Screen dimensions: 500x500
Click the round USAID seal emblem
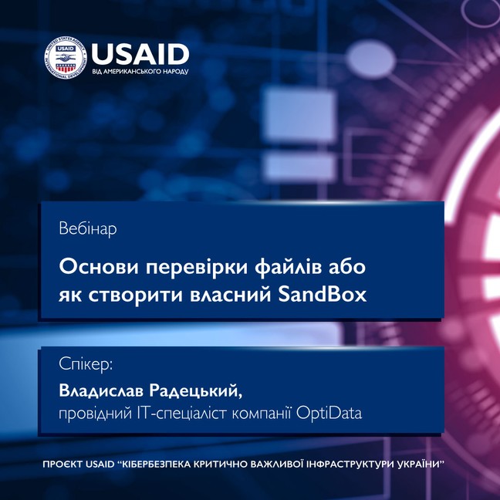(66, 58)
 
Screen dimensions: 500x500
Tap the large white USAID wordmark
(140, 54)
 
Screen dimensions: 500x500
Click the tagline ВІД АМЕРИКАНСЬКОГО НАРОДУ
(140, 72)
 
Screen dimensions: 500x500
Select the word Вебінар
(88, 228)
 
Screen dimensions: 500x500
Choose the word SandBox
(323, 294)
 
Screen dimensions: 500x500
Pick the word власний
(231, 294)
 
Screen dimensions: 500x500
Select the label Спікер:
(86, 364)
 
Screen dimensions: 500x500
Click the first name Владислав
(101, 390)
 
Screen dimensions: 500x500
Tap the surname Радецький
(196, 390)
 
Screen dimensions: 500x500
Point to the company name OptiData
(329, 414)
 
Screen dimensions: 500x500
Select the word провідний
(96, 414)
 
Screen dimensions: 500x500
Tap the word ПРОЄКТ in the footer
(62, 464)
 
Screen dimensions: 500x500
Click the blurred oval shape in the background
(371, 59)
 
